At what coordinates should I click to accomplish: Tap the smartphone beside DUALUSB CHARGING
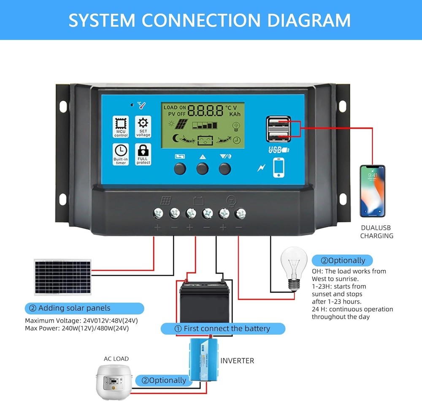point(372,191)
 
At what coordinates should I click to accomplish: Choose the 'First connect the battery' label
point(223,328)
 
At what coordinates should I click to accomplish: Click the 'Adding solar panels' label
point(84,308)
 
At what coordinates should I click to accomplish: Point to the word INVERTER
point(237,361)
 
